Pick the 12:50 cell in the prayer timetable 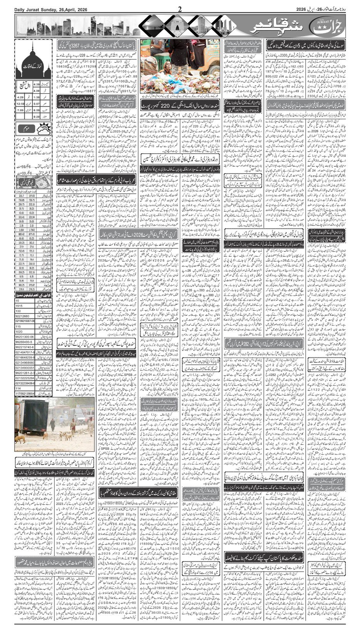click(x=21, y=104)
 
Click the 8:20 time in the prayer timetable click(x=36, y=116)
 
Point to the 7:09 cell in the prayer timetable click(x=21, y=110)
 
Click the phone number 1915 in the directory click(x=19, y=305)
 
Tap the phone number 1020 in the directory click(x=19, y=332)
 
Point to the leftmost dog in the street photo click(x=18, y=439)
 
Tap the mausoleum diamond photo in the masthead click(x=175, y=26)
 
